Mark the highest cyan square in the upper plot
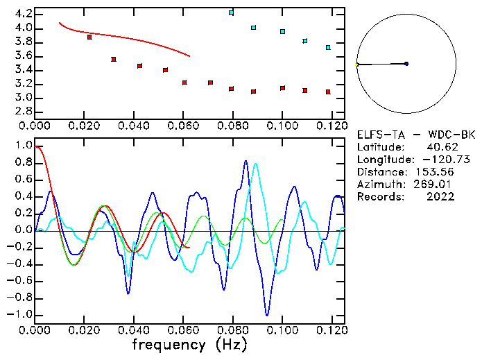tap(232, 12)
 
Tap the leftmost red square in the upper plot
tap(89, 37)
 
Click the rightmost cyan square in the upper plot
tap(328, 48)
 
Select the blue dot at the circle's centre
tap(406, 64)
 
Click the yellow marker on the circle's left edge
tap(357, 65)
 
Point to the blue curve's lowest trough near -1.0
tap(267, 315)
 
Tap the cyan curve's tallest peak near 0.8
tap(256, 164)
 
